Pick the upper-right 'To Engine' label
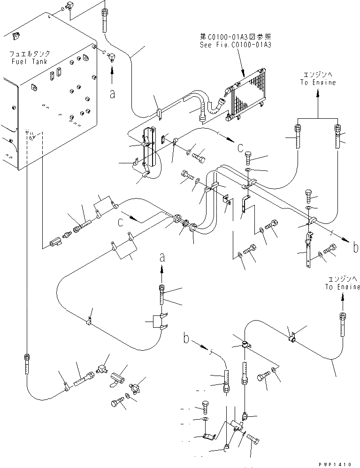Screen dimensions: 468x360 (319, 82)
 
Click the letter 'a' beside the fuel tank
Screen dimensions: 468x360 (112, 94)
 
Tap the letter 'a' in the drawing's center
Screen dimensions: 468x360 (162, 257)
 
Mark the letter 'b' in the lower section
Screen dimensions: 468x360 (186, 338)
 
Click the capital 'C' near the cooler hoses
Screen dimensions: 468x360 (240, 148)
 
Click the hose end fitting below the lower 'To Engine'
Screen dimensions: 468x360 (344, 321)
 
